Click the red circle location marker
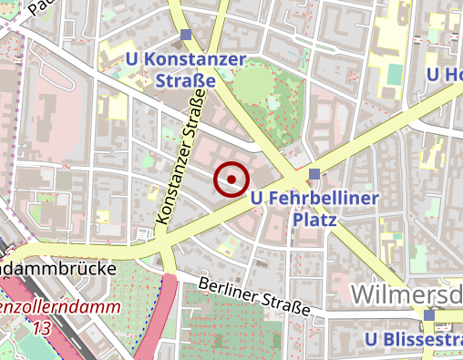tap(231, 180)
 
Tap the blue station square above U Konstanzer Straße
tap(186, 36)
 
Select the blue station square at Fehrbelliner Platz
tap(314, 173)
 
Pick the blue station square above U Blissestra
tap(430, 315)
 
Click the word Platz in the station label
tap(314, 220)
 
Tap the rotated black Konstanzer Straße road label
tap(178, 164)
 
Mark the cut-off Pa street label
tap(36, 8)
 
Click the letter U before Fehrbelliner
tap(256, 198)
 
